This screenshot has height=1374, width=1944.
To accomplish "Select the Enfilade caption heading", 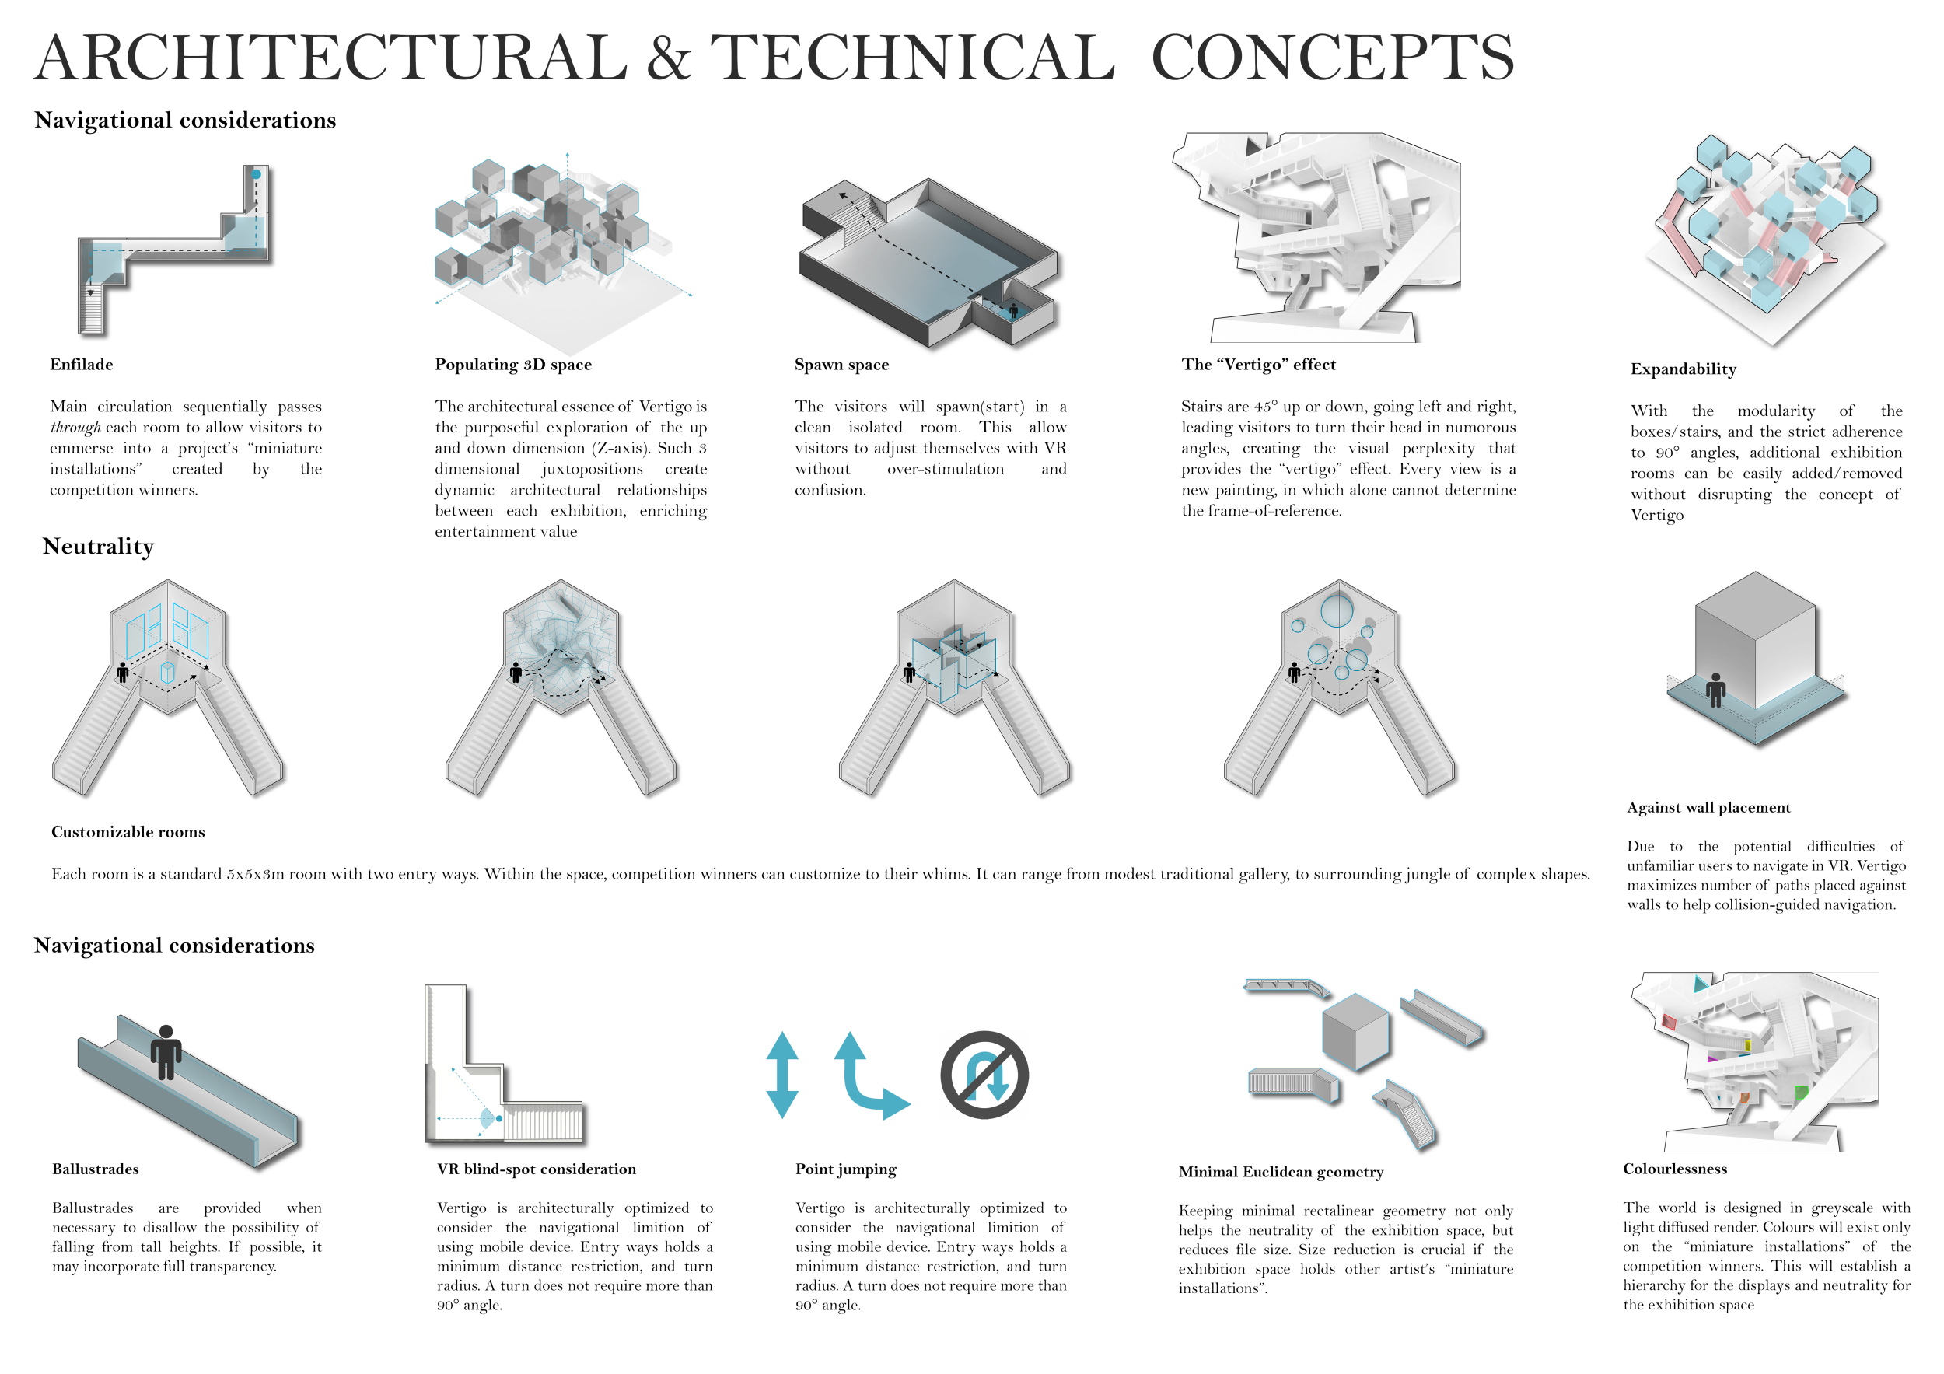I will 82,365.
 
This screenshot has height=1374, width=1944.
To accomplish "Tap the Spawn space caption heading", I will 841,365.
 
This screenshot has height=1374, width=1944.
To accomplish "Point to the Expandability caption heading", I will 1684,369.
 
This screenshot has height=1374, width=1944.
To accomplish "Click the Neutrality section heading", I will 98,546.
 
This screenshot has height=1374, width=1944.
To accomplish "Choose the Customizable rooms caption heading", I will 128,832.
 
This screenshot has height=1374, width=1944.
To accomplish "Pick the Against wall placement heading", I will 1708,808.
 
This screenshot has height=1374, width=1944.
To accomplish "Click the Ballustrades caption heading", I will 96,1169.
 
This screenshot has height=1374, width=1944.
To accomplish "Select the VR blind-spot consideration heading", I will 536,1169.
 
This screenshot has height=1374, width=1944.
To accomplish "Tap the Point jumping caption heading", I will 846,1169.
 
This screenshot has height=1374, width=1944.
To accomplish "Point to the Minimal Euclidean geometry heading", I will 1281,1172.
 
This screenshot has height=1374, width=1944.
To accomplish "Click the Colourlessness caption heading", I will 1675,1169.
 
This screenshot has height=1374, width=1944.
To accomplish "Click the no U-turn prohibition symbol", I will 984,1075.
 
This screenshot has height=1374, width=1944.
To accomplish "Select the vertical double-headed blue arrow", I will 782,1075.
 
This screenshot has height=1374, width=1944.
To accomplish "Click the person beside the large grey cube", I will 1716,690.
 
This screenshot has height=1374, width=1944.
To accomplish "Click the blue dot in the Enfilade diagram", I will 256,174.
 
